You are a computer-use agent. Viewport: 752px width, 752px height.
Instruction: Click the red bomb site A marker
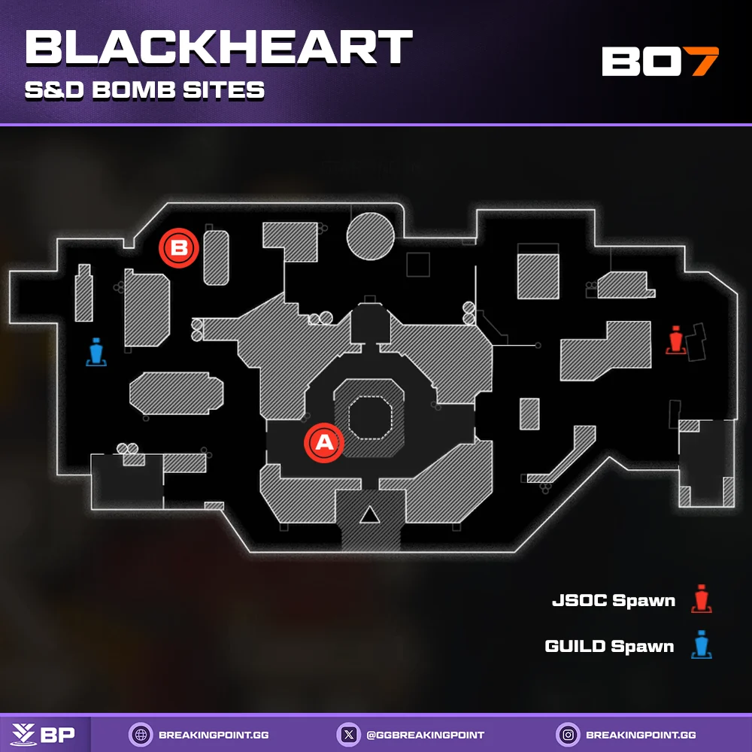[x=323, y=442]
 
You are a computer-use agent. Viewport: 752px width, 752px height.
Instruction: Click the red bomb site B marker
[x=179, y=247]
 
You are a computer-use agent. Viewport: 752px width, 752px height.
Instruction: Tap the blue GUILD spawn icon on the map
[x=96, y=352]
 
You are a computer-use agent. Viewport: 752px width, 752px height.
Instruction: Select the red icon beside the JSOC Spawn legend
[x=702, y=599]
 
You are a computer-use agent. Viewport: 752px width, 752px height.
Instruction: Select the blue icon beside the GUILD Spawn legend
[x=702, y=644]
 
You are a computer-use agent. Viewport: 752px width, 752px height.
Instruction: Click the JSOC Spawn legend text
[x=613, y=601]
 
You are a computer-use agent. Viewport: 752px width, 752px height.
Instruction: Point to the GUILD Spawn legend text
[x=609, y=646]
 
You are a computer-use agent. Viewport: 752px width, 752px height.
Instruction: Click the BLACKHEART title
[x=218, y=48]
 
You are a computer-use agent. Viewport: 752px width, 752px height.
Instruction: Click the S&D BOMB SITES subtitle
[x=144, y=90]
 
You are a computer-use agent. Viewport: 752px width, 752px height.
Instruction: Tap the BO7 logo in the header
[x=660, y=62]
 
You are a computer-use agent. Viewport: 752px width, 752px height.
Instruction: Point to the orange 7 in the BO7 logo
[x=704, y=62]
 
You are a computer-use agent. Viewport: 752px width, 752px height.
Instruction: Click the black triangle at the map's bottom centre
[x=368, y=515]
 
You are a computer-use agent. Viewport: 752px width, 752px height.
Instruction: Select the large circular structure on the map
[x=370, y=236]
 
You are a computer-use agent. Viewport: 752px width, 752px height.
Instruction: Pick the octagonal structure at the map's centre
[x=368, y=417]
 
